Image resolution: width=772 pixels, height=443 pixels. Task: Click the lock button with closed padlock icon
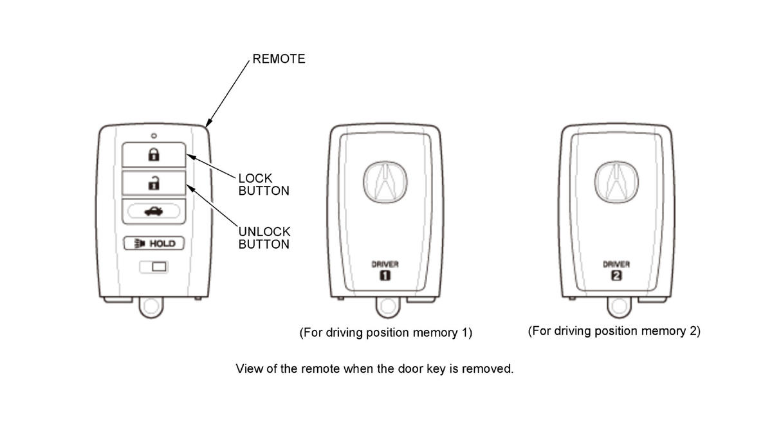154,154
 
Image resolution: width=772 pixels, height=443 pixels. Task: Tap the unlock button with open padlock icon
154,183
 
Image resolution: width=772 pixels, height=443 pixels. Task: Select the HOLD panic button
154,244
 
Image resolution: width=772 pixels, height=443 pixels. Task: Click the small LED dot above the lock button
154,136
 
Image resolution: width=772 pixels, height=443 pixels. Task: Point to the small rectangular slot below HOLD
154,266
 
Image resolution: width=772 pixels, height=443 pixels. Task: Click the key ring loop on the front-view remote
152,307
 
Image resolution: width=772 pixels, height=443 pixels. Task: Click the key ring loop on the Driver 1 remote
387,307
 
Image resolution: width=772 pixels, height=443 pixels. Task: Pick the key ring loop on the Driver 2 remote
619,307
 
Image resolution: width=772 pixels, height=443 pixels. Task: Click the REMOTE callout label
279,59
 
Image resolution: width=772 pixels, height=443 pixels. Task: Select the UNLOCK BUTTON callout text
264,238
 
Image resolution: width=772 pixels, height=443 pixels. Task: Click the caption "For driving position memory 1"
386,333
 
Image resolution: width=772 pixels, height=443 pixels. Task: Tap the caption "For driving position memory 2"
614,331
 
